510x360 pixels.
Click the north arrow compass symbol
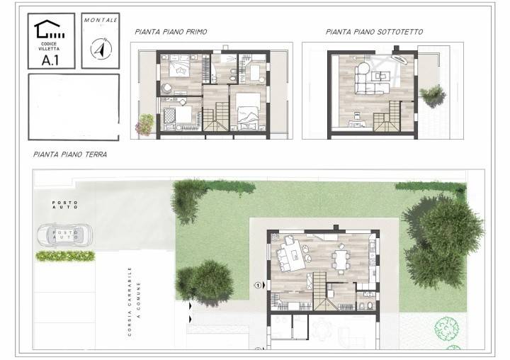click(101, 49)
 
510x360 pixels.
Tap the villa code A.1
click(50, 60)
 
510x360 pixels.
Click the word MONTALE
click(101, 20)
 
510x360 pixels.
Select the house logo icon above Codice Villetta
click(49, 30)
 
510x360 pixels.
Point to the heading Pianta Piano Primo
click(171, 32)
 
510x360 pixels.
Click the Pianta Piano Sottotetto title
click(375, 32)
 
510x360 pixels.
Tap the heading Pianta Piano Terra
click(70, 154)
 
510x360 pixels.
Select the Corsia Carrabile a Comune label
click(134, 301)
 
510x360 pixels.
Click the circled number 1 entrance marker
click(258, 286)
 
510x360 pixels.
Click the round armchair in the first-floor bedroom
click(167, 88)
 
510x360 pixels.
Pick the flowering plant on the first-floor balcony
click(144, 124)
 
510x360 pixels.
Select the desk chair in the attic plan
click(357, 116)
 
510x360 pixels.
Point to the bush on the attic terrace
click(433, 96)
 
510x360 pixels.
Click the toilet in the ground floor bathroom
click(370, 306)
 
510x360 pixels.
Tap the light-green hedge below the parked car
click(65, 256)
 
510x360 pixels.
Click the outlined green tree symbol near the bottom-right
click(447, 328)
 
